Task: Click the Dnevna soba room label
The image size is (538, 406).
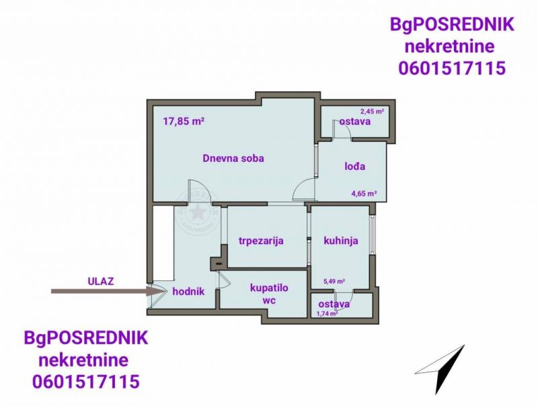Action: [233, 159]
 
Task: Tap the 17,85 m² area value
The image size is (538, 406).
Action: [184, 122]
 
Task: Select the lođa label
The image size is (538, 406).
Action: [355, 166]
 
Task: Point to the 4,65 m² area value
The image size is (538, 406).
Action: [364, 194]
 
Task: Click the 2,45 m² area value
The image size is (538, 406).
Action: [372, 111]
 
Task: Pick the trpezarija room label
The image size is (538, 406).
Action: [261, 241]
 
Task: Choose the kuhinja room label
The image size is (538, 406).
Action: [341, 241]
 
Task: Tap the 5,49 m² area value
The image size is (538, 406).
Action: [334, 282]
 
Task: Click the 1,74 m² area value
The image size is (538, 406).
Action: [328, 313]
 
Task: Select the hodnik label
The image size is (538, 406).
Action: [188, 292]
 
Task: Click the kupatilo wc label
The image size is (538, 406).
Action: [269, 294]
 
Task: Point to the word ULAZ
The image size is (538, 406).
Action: [100, 282]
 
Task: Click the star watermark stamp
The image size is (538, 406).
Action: [197, 212]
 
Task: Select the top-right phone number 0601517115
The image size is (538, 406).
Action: [452, 68]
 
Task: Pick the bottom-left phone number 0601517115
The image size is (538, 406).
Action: [86, 381]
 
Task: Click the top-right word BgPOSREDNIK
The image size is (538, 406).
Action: [452, 25]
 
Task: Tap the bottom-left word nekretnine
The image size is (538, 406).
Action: [83, 360]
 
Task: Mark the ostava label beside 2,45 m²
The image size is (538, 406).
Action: [355, 122]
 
